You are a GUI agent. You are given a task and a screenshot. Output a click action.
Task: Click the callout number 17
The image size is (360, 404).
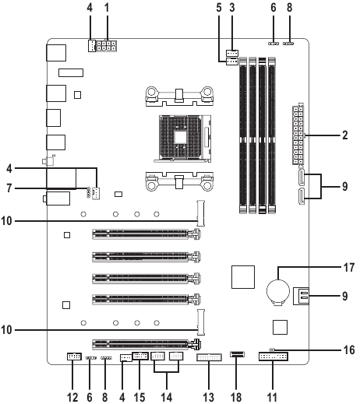[x=349, y=267]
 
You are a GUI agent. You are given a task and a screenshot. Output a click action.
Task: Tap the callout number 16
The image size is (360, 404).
[x=349, y=350]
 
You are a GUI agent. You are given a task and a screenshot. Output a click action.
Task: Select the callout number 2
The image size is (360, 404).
[x=344, y=135]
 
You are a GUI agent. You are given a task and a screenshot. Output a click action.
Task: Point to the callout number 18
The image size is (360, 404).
[x=236, y=397]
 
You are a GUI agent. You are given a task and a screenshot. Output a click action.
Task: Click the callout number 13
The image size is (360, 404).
[x=209, y=397]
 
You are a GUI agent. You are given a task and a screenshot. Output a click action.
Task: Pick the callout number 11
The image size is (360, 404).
[x=272, y=397]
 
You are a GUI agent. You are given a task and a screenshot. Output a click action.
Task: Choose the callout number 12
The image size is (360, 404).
[x=72, y=397]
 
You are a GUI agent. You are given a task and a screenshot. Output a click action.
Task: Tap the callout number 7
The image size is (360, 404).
[x=9, y=188]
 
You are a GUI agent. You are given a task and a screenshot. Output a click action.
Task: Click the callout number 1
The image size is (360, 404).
[x=107, y=8]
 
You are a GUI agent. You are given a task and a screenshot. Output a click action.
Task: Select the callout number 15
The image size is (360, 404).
[x=139, y=397]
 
